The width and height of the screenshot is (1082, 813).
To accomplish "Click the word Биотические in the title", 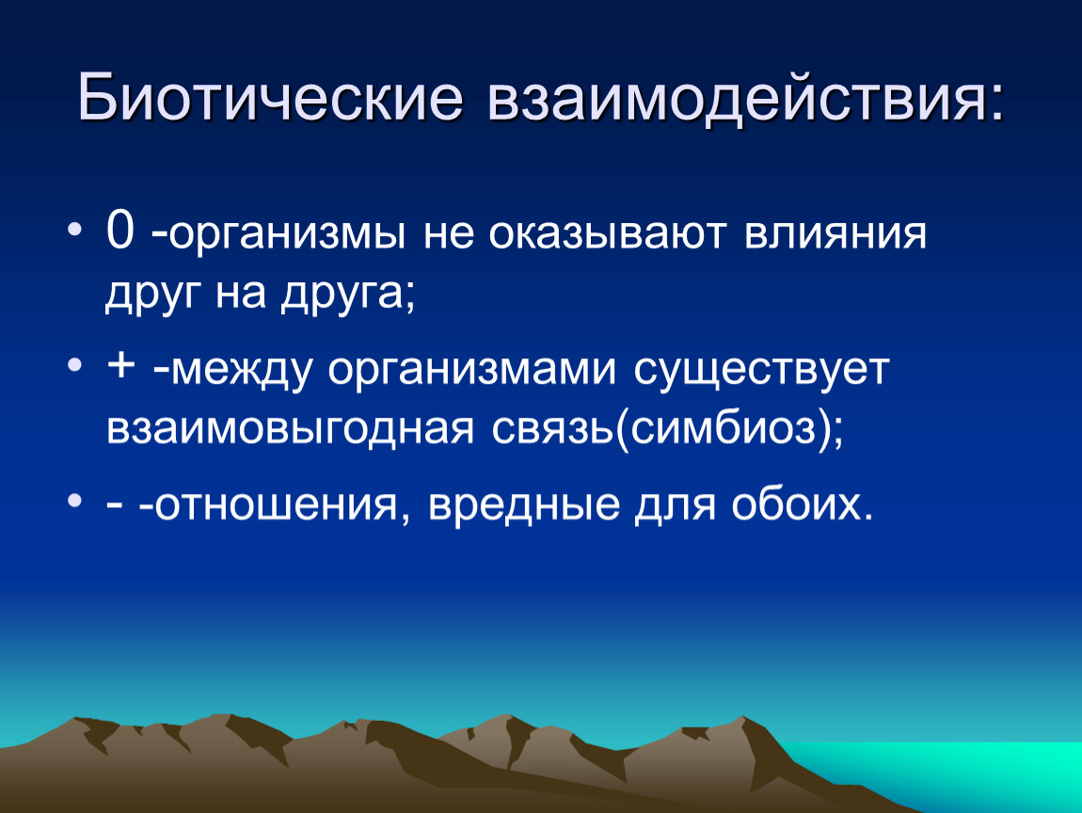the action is click(270, 97).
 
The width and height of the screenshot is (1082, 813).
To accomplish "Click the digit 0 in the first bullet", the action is click(119, 231).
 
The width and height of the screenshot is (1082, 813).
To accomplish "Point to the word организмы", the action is click(286, 234).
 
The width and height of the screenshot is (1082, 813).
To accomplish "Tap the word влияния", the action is click(835, 234).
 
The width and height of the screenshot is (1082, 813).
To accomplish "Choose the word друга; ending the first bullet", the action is click(348, 294).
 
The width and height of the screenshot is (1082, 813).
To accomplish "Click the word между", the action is click(241, 370).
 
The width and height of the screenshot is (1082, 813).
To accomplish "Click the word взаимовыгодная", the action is click(290, 429).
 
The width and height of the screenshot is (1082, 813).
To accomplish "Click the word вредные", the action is click(524, 504).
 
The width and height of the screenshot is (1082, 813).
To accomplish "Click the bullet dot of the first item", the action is click(75, 229).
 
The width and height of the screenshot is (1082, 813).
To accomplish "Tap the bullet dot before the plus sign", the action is click(75, 364).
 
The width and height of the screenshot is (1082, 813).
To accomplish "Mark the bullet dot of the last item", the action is click(75, 500).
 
